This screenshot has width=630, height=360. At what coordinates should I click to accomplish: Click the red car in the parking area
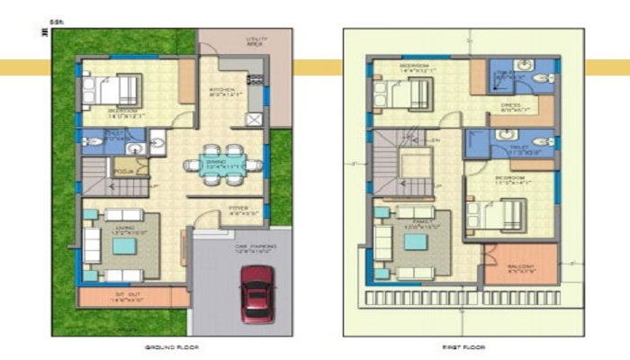[x=257, y=292]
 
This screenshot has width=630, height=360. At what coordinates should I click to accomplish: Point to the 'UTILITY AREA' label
[x=258, y=41]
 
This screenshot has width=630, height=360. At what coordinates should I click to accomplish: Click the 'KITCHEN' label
[x=221, y=91]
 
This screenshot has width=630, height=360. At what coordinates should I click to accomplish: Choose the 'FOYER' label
[x=238, y=210]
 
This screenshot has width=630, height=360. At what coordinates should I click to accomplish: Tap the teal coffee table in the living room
[x=124, y=246]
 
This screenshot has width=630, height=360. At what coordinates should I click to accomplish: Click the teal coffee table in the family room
[x=415, y=241]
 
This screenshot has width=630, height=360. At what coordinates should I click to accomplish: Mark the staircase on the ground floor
[x=113, y=185]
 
